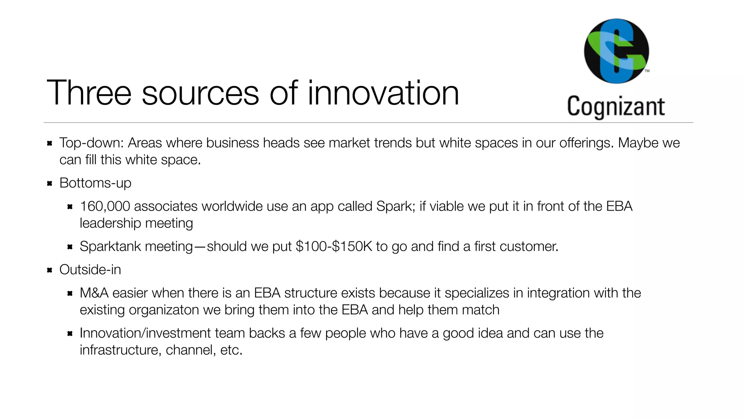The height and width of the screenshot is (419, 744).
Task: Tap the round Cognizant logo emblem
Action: tap(616, 51)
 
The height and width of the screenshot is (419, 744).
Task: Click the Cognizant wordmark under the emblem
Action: tap(616, 106)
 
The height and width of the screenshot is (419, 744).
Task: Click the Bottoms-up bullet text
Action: tap(95, 183)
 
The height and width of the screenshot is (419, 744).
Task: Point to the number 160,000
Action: tap(105, 207)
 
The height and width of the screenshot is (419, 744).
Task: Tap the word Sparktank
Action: tap(110, 247)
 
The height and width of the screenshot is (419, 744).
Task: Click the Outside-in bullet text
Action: tap(90, 270)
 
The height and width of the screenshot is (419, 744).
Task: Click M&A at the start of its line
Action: tap(94, 293)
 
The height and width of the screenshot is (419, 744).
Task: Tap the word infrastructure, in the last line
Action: tap(121, 350)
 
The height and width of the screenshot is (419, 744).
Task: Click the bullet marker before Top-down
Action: tap(50, 143)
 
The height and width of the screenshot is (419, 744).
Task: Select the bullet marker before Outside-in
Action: tap(50, 270)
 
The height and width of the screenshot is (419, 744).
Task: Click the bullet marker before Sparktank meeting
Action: tap(70, 247)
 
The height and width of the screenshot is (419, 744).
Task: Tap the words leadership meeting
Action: tap(136, 223)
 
